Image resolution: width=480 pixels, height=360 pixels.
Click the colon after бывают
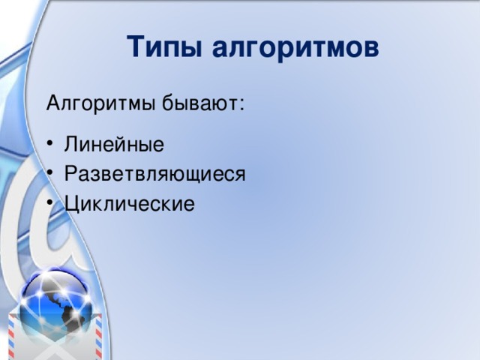click(241, 103)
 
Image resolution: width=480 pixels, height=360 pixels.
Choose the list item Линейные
click(114, 144)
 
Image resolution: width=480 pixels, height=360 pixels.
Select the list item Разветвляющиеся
click(154, 174)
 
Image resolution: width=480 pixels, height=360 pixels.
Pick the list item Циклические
click(129, 203)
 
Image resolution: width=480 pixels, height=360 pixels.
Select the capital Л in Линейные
click(71, 144)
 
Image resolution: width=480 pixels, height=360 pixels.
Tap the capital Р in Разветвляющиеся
click(70, 174)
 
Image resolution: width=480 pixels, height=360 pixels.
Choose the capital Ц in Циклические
click(71, 203)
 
